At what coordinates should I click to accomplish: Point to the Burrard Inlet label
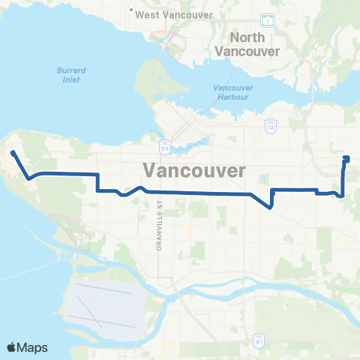click(72, 76)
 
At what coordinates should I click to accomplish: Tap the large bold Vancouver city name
click(193, 170)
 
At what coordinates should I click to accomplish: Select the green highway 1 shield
click(267, 20)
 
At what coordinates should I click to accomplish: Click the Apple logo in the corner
click(12, 347)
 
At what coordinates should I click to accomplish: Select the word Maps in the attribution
click(34, 347)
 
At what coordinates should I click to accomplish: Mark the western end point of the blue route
click(13, 153)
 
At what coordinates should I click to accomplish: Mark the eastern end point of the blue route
click(346, 157)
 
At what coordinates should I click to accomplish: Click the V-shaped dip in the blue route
click(270, 208)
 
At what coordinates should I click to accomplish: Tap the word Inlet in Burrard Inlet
click(72, 81)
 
